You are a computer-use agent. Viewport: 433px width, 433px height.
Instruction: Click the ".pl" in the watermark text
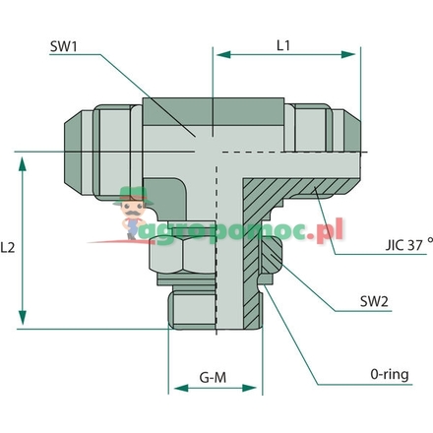tap(327, 231)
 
